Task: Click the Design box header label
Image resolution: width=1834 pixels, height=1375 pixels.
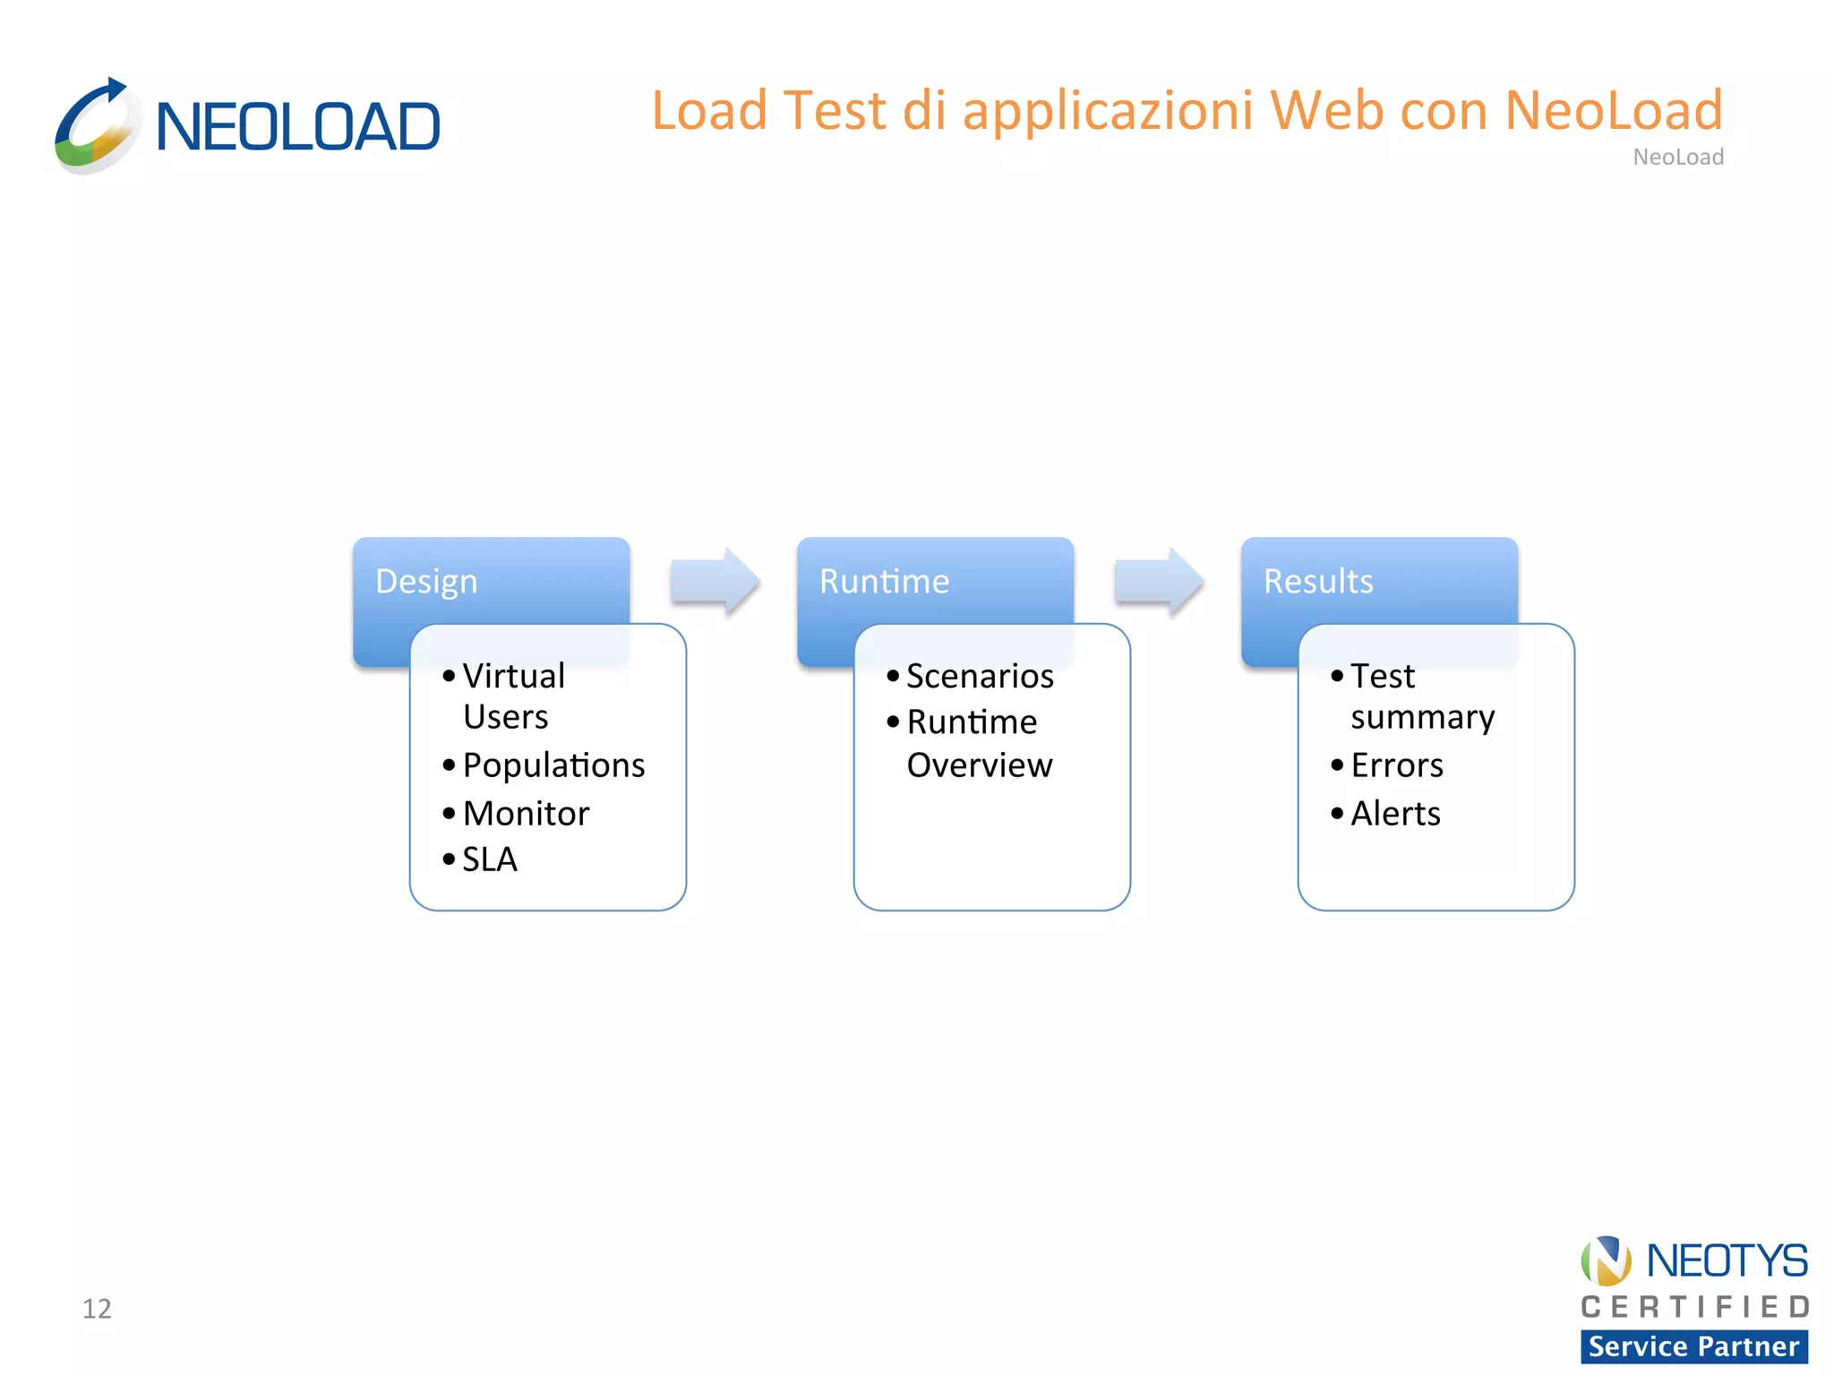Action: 426,582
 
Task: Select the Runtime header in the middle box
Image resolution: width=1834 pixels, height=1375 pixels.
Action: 884,582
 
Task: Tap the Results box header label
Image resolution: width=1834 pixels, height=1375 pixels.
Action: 1318,582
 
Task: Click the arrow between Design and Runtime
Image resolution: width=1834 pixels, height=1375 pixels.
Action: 715,582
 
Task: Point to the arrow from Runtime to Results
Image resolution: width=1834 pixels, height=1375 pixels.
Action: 1158,582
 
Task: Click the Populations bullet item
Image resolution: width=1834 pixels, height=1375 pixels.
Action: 553,765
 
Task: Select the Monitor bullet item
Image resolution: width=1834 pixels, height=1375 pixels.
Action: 526,814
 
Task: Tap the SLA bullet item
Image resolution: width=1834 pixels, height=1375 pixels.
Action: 490,859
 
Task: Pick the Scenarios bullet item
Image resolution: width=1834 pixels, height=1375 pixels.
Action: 980,677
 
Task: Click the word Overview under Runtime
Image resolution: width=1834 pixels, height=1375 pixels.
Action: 980,765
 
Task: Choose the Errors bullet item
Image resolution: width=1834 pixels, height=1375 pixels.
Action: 1397,765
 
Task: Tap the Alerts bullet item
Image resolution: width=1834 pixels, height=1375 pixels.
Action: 1395,814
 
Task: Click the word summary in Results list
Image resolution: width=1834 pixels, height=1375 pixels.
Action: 1422,718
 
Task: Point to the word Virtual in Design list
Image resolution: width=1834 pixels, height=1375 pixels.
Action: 513,677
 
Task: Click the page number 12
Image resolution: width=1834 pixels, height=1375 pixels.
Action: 97,1309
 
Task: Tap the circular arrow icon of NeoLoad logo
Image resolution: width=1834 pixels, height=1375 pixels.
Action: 97,125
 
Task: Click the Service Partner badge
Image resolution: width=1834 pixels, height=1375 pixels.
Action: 1693,1346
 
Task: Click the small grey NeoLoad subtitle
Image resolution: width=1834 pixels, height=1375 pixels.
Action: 1678,158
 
